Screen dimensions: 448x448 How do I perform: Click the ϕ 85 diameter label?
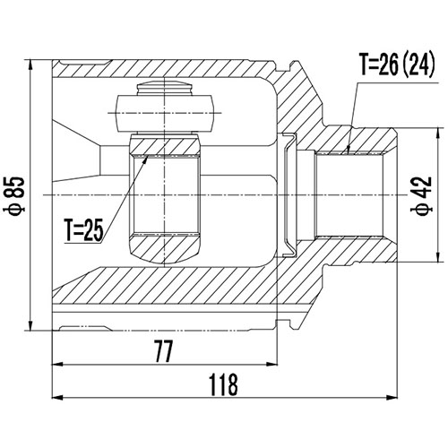(14, 194)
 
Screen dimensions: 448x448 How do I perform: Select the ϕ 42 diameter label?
(422, 194)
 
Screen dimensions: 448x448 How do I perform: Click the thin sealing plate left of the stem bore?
(286, 193)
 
